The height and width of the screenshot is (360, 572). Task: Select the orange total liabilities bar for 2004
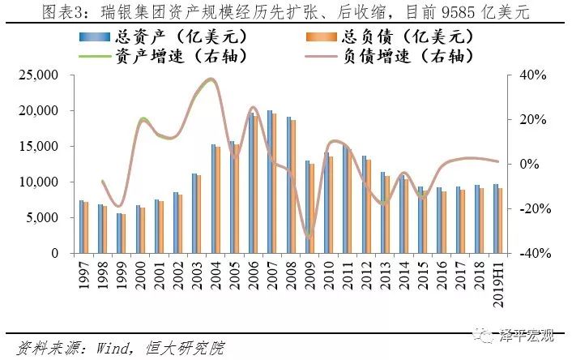point(218,199)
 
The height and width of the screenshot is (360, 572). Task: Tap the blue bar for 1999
point(118,233)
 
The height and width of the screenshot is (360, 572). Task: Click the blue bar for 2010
point(327,203)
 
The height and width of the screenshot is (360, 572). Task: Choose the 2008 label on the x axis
point(290,277)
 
